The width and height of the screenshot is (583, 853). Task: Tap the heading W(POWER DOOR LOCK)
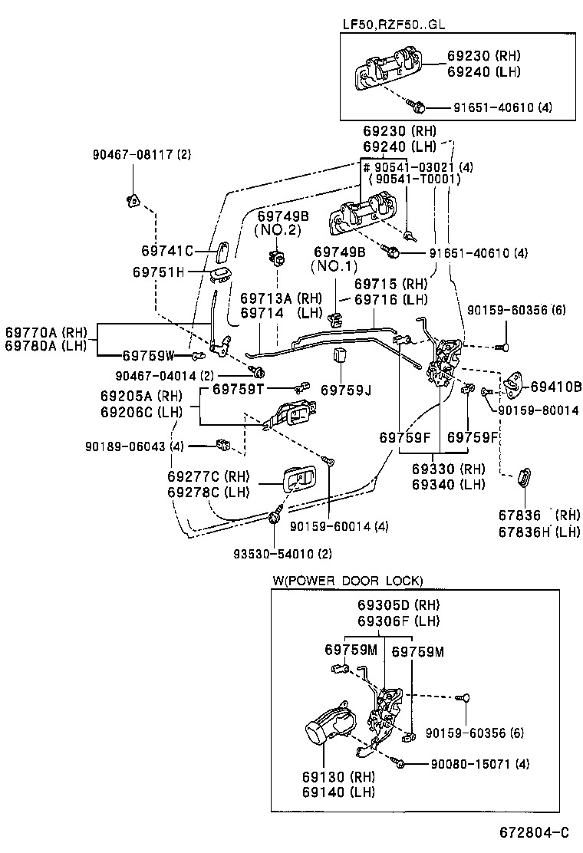pyautogui.click(x=347, y=581)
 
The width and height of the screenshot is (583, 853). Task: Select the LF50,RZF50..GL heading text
pyautogui.click(x=393, y=24)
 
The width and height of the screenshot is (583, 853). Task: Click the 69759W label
pyautogui.click(x=149, y=355)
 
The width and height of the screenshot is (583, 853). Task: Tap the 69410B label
pyautogui.click(x=556, y=386)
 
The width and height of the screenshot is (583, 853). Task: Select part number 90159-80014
pyautogui.click(x=537, y=410)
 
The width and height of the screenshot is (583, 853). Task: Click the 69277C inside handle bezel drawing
pyautogui.click(x=301, y=482)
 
